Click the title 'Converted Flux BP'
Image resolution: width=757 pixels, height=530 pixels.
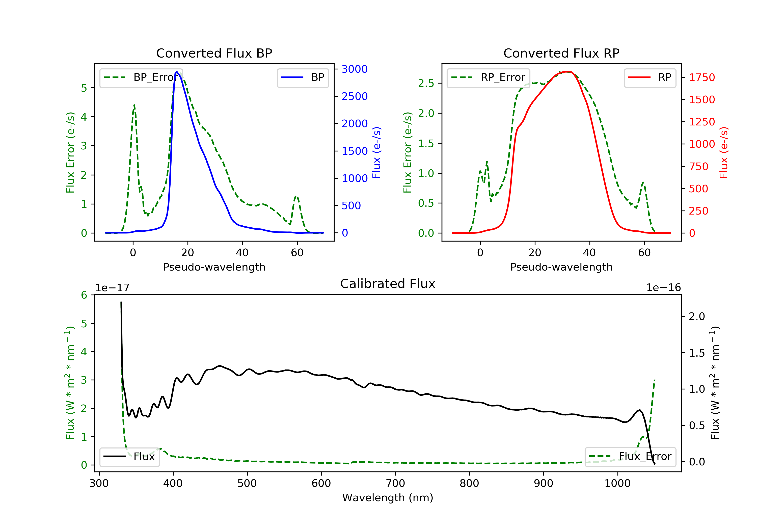pos(214,53)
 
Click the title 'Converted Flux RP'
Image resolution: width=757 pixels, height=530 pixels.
pos(561,53)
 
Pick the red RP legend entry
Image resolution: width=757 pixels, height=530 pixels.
pos(650,77)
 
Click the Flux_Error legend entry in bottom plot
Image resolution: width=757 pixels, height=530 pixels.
pos(630,457)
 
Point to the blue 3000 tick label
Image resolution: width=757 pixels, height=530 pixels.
pos(355,69)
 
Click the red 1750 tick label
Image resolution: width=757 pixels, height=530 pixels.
pos(702,77)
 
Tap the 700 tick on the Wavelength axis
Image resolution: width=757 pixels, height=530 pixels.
pos(395,484)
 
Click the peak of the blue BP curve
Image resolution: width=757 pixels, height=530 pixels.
pos(177,72)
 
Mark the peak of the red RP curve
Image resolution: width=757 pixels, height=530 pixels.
pos(567,72)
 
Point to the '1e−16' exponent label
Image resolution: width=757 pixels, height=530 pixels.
pos(663,288)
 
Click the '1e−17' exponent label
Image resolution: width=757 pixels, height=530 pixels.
pos(113,288)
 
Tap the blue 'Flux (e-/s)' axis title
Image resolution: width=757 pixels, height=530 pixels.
pos(376,152)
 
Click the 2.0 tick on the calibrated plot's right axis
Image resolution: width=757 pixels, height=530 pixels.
pos(697,317)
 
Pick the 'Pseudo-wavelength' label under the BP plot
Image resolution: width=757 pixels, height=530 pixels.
pos(214,267)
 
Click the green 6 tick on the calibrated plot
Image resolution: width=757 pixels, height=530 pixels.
pos(84,295)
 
